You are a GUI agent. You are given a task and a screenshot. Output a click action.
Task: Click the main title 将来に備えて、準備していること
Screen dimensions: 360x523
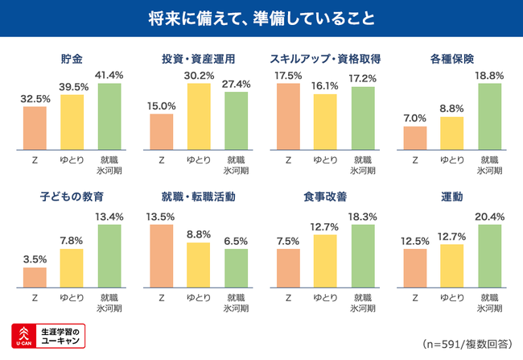click(261, 18)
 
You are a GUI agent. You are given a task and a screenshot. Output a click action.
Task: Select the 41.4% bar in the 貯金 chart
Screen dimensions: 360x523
click(109, 116)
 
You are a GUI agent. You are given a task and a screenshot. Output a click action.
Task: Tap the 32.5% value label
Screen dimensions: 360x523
click(34, 98)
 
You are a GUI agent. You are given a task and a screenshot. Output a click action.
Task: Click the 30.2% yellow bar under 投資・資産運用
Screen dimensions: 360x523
click(198, 116)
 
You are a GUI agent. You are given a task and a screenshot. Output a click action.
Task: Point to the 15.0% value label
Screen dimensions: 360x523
click(162, 106)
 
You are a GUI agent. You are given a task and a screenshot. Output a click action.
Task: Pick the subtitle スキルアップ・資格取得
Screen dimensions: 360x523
click(325, 59)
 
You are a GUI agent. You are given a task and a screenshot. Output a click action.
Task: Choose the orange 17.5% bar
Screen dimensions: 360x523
click(287, 116)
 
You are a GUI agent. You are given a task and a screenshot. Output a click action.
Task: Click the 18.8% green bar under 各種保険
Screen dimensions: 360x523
click(489, 116)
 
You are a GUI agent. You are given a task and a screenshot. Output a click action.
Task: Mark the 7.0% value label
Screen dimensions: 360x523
click(414, 118)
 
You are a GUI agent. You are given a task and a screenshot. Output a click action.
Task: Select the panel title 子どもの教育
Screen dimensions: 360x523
click(72, 197)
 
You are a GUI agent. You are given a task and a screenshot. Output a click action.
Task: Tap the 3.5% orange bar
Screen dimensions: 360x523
click(35, 276)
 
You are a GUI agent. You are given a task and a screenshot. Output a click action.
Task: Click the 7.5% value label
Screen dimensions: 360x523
click(287, 241)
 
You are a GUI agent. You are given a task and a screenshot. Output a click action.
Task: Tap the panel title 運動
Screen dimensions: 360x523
click(451, 197)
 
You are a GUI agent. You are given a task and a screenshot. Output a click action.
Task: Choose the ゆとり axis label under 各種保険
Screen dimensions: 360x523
click(451, 159)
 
